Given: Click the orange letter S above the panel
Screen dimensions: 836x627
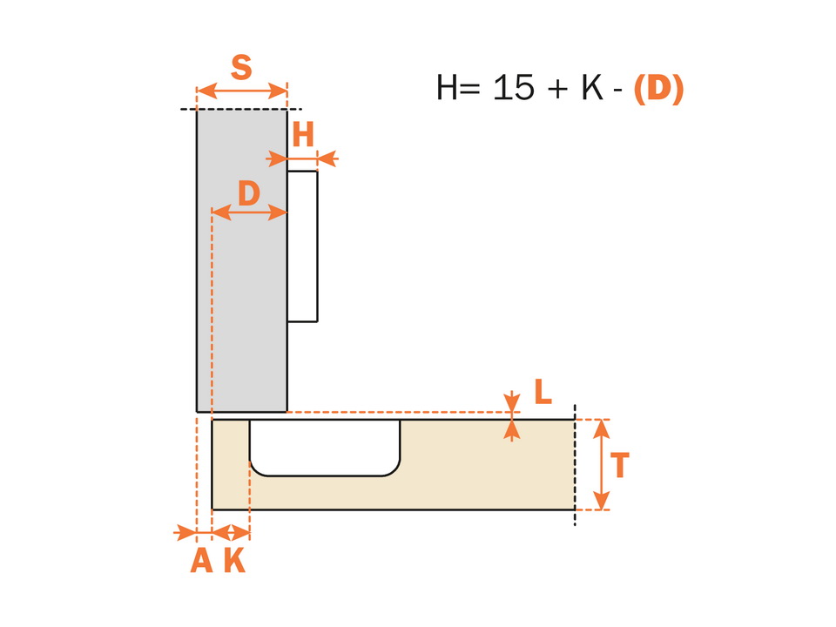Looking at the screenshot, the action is pyautogui.click(x=241, y=68).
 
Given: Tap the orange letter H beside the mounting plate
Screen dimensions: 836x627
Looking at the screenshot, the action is pyautogui.click(x=303, y=135).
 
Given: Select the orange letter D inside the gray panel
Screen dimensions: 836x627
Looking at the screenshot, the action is pyautogui.click(x=249, y=193).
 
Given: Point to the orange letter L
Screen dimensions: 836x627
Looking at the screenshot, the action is pyautogui.click(x=543, y=392).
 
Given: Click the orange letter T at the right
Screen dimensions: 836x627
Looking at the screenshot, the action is pyautogui.click(x=619, y=465).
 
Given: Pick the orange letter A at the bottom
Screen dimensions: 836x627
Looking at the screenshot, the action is pyautogui.click(x=201, y=560).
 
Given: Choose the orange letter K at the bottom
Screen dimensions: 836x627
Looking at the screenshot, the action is pyautogui.click(x=234, y=560).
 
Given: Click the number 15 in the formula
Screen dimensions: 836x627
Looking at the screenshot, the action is pyautogui.click(x=514, y=87).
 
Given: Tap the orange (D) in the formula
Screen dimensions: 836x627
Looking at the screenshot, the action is pyautogui.click(x=659, y=88).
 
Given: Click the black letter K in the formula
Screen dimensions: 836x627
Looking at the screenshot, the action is pyautogui.click(x=592, y=87).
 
